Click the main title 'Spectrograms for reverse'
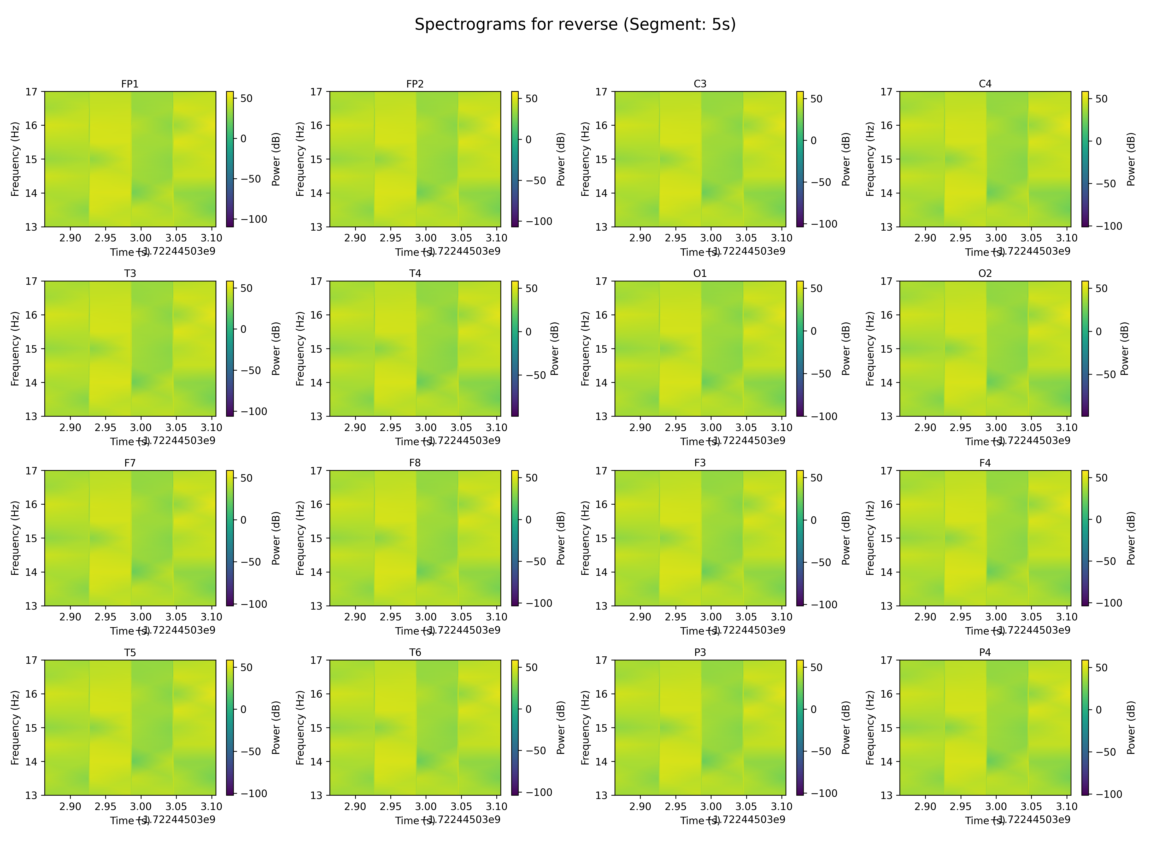[x=575, y=24]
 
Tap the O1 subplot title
[x=700, y=273]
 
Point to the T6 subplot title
[x=415, y=652]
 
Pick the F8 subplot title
[x=415, y=462]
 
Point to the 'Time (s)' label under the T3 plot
[x=123, y=442]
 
